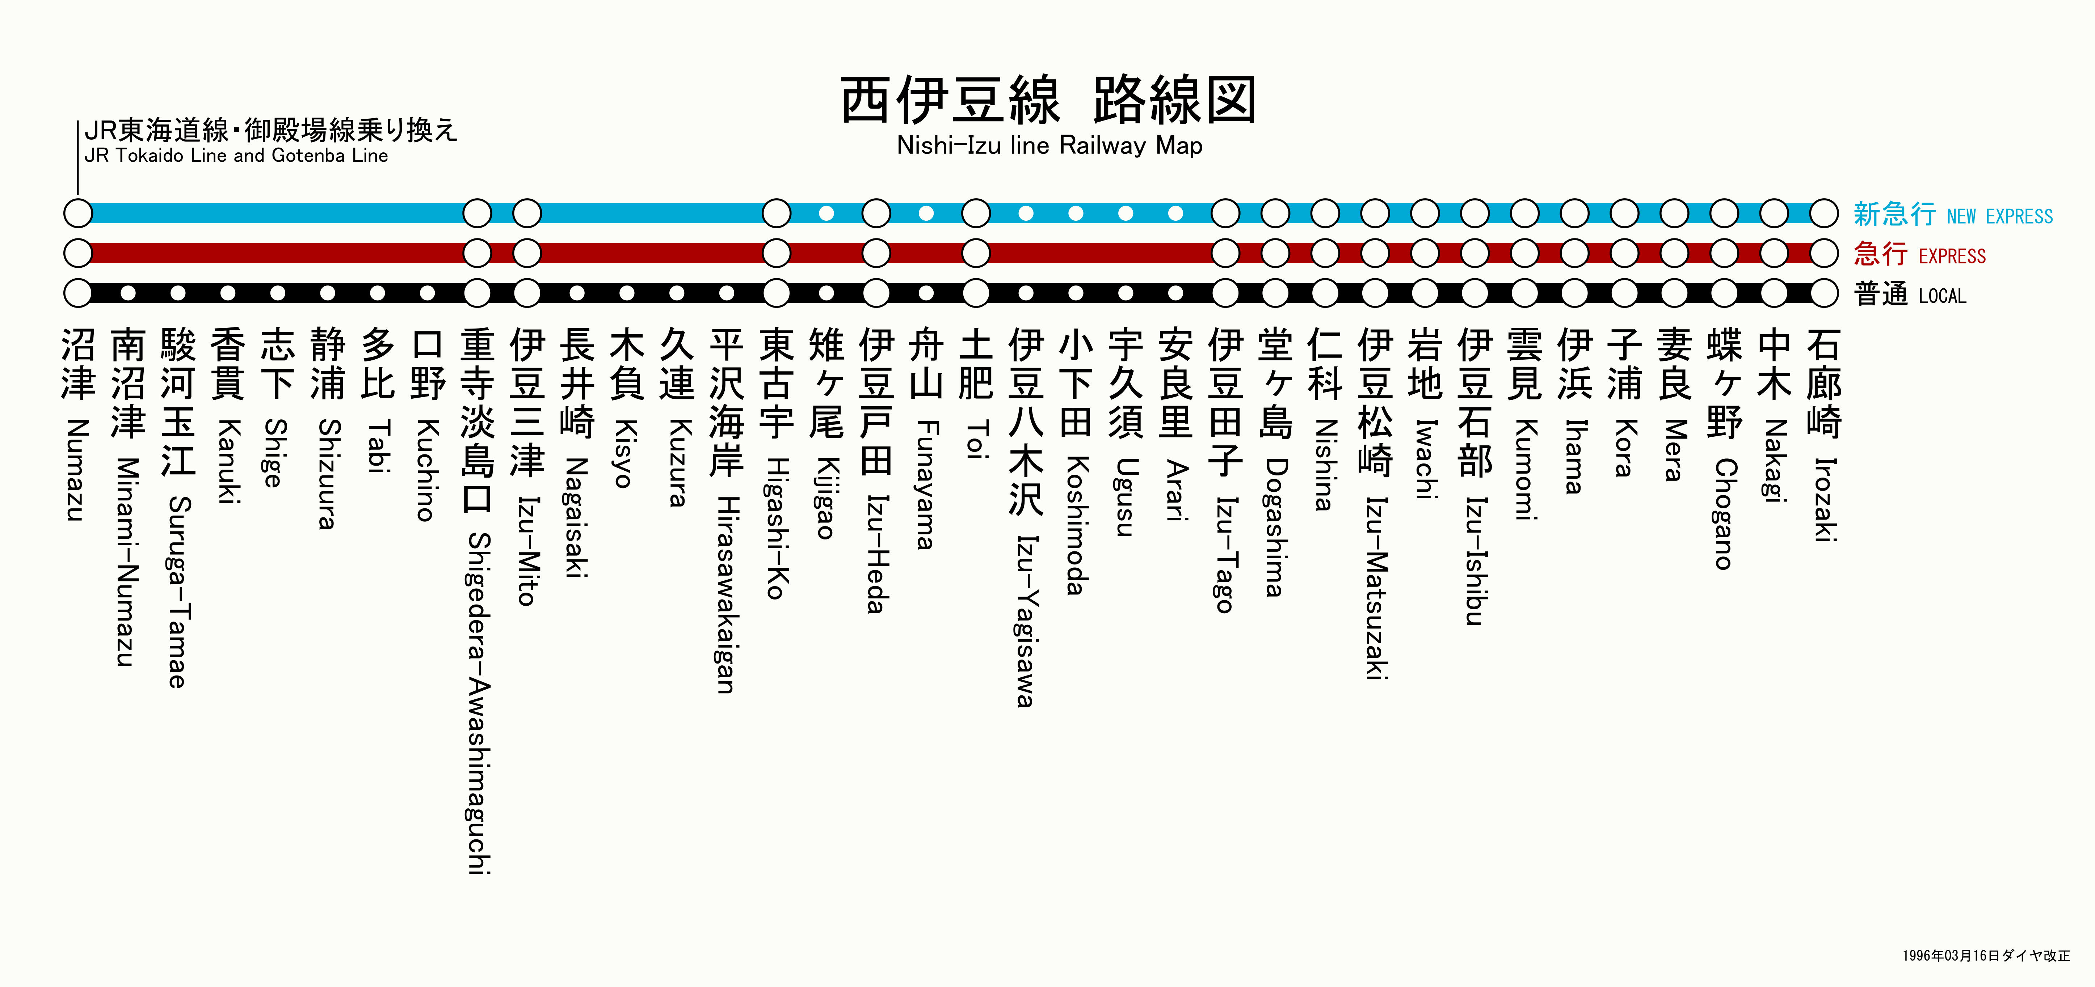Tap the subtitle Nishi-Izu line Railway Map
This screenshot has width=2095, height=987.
point(1049,145)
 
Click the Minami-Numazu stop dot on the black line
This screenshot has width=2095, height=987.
point(128,293)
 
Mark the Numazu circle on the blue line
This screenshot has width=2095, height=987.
point(78,213)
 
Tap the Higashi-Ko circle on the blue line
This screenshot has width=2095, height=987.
point(777,213)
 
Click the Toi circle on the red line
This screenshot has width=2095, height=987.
point(976,253)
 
